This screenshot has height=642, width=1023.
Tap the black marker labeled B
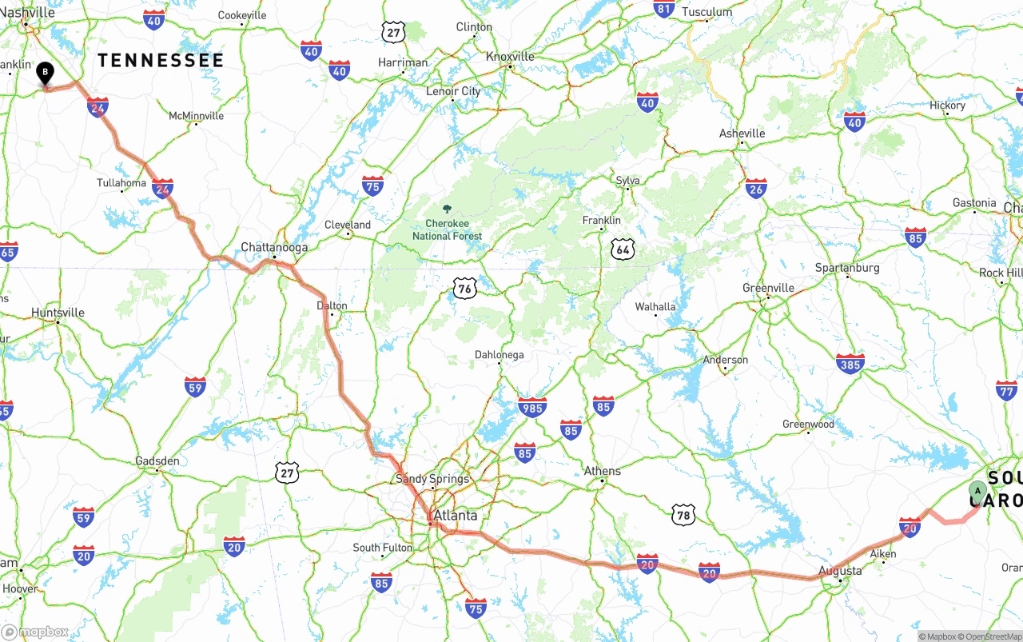pos(46,74)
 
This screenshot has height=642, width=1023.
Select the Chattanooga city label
pos(274,247)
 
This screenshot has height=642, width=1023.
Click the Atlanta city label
pos(455,516)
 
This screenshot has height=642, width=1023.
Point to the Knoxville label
pos(510,57)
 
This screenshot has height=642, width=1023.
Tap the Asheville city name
pos(742,134)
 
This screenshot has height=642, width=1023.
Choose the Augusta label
pos(840,571)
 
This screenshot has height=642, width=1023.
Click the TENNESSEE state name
pos(161,61)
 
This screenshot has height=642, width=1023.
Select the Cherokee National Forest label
pos(447,229)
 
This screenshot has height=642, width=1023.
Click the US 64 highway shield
pos(623,249)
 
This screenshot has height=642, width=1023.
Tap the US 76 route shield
pos(464,288)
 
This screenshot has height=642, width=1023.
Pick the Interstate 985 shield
pos(532,407)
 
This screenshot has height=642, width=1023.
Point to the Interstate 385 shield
pos(850,364)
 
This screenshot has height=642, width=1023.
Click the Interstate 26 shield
pos(756,188)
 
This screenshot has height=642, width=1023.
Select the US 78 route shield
pos(683,514)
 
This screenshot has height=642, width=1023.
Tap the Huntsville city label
pos(58,313)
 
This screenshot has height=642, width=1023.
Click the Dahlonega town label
pos(500,355)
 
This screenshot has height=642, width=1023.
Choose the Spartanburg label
pos(846,268)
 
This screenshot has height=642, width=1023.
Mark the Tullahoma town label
pos(121,183)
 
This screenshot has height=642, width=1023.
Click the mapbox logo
pos(35,632)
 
